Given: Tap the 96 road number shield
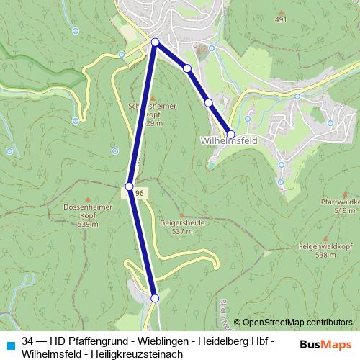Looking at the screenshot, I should [x=140, y=194].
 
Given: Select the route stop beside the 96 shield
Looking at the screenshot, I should [x=130, y=186].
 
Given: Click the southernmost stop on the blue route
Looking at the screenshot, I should [x=155, y=297].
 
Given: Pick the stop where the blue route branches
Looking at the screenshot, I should [x=156, y=42].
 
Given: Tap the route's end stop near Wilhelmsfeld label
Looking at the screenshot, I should [x=230, y=134].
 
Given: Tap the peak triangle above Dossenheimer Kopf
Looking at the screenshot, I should [x=88, y=199].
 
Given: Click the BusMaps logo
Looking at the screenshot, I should [x=325, y=344].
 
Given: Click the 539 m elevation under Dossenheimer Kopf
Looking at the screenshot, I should [x=89, y=224].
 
